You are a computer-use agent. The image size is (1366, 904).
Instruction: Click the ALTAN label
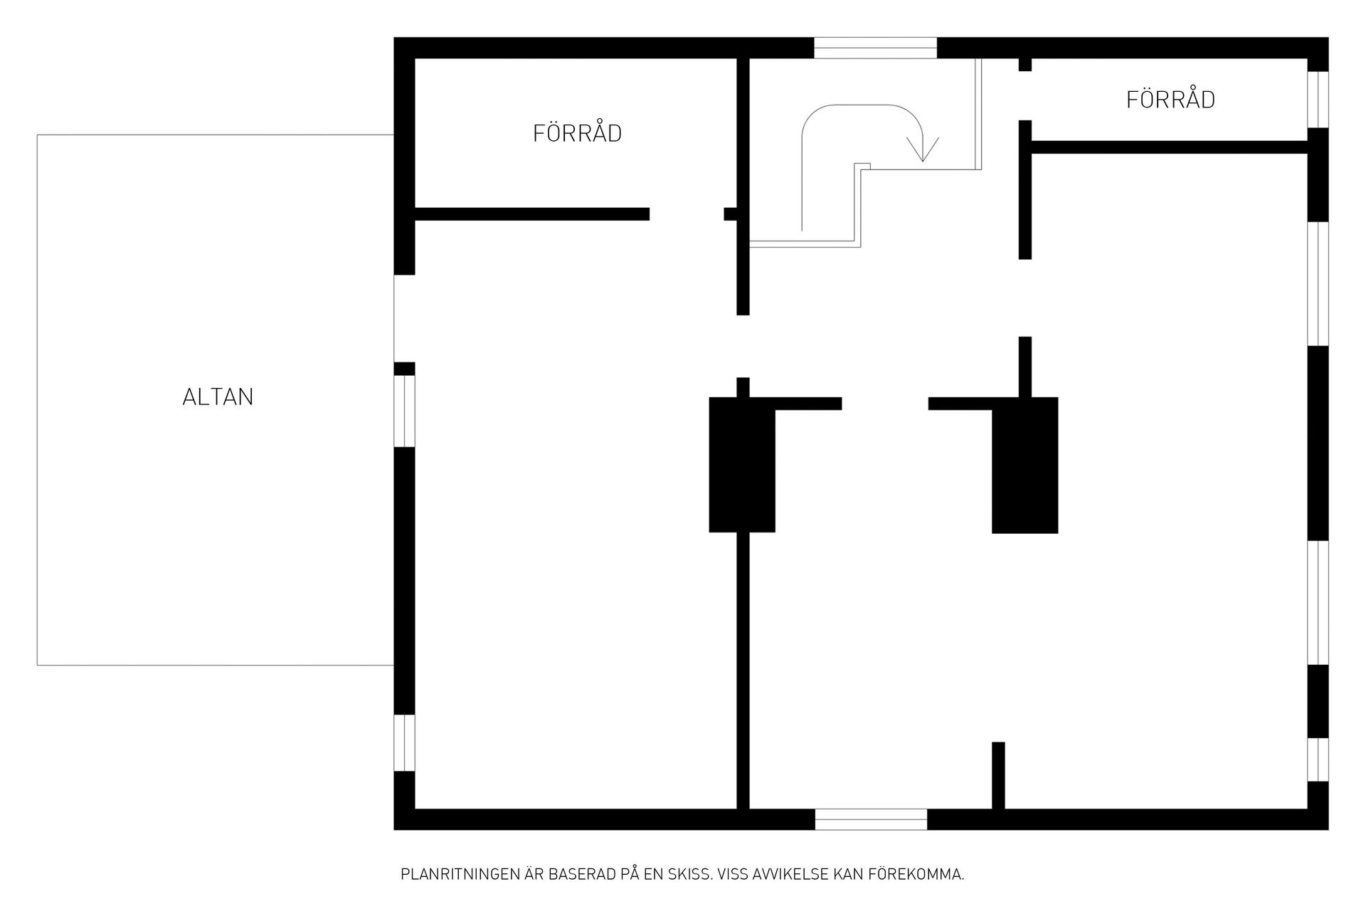pyautogui.click(x=218, y=396)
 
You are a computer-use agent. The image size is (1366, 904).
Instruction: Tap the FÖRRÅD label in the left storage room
pyautogui.click(x=577, y=132)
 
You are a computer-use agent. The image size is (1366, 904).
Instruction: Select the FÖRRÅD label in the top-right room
pyautogui.click(x=1170, y=98)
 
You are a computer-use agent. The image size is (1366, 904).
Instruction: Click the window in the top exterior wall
pyautogui.click(x=875, y=48)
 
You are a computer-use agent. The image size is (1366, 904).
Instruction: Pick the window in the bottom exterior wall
pyautogui.click(x=871, y=819)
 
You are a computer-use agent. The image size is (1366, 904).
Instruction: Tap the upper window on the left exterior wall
pyautogui.click(x=404, y=411)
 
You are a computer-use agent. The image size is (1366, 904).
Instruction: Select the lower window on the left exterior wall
pyautogui.click(x=404, y=742)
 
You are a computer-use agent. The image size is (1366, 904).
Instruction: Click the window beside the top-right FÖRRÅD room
pyautogui.click(x=1318, y=100)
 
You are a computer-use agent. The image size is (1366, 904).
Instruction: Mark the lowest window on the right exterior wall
pyautogui.click(x=1318, y=760)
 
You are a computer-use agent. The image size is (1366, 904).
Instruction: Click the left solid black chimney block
pyautogui.click(x=742, y=464)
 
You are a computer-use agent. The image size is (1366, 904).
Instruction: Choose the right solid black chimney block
pyautogui.click(x=1024, y=466)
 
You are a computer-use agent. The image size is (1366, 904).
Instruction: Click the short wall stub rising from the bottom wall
pyautogui.click(x=998, y=775)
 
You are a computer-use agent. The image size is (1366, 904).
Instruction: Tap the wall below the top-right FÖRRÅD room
pyautogui.click(x=1170, y=147)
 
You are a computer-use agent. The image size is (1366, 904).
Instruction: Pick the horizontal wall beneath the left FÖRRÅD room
pyautogui.click(x=532, y=214)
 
